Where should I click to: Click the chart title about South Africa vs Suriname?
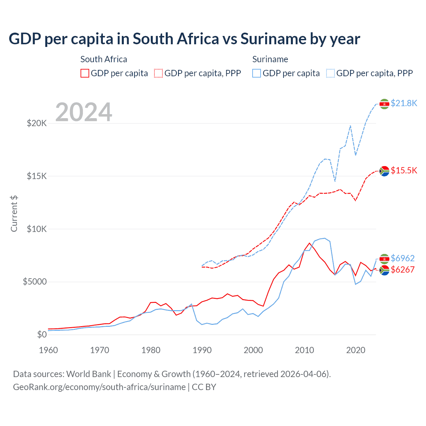(x=184, y=39)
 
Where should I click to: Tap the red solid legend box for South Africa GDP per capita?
(x=85, y=73)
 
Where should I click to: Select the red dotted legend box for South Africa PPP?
(x=158, y=73)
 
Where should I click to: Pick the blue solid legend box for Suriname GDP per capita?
(x=257, y=73)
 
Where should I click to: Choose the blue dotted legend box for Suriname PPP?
(x=330, y=73)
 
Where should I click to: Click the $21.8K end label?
(x=404, y=103)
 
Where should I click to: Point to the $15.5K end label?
(x=404, y=170)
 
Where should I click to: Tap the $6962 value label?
(x=402, y=258)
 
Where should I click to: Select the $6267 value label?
(x=402, y=270)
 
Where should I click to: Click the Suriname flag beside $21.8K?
(x=384, y=104)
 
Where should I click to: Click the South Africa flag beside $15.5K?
(x=384, y=171)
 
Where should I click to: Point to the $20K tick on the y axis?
(x=37, y=123)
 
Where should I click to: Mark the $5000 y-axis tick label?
(x=35, y=282)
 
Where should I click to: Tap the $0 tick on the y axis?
(x=42, y=334)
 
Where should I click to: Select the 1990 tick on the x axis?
(x=202, y=350)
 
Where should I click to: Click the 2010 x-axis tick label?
(x=305, y=350)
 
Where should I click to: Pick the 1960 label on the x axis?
(x=49, y=350)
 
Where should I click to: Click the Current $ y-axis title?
(x=14, y=214)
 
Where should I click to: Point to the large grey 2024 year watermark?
(x=84, y=112)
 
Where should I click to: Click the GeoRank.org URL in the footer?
(x=99, y=387)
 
